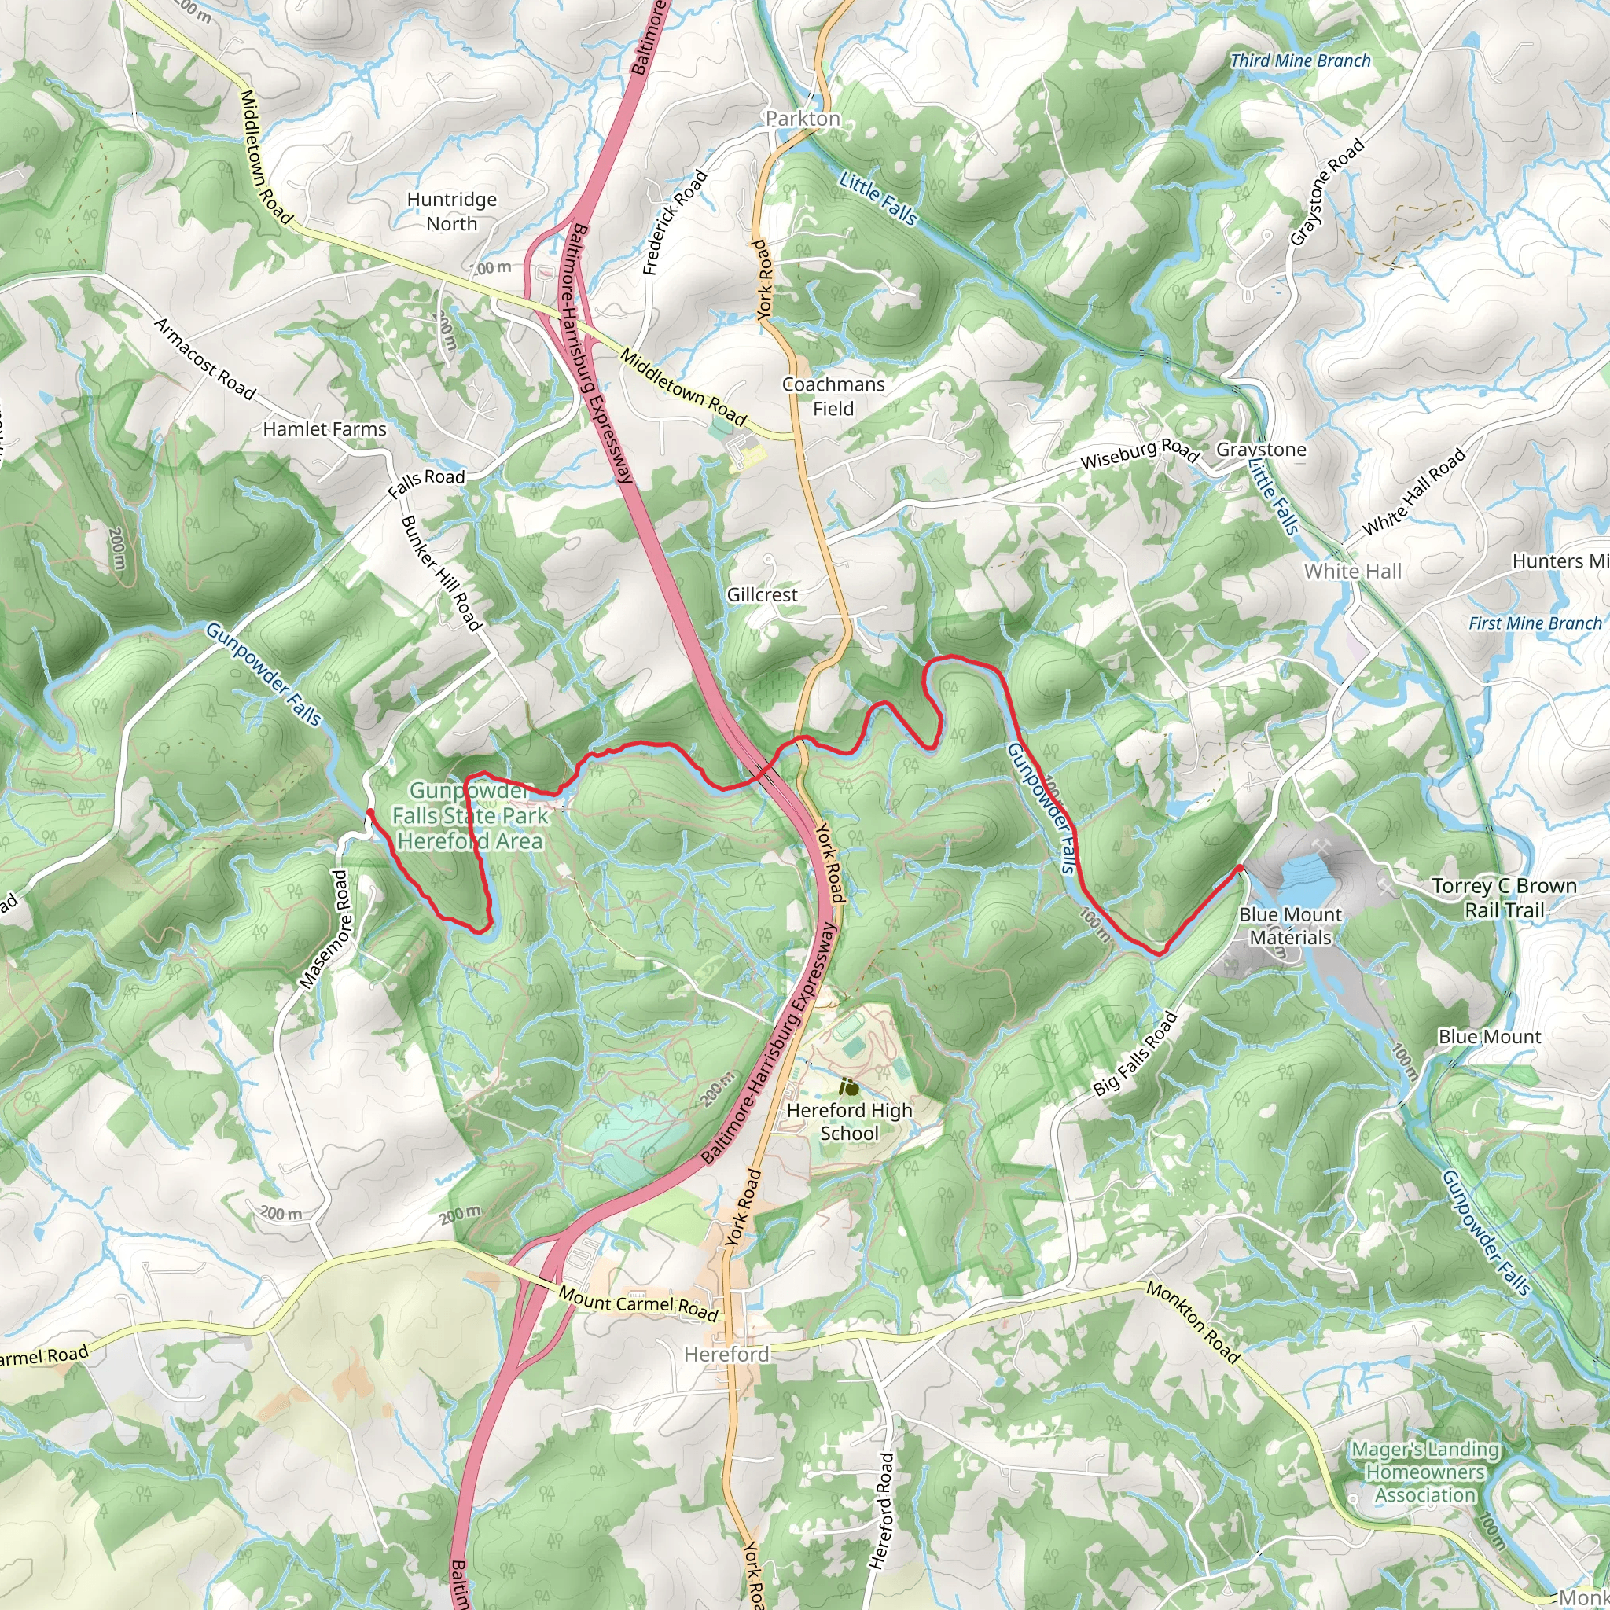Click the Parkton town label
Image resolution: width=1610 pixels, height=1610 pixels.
[x=803, y=119]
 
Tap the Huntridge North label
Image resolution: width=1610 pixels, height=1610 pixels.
[x=452, y=211]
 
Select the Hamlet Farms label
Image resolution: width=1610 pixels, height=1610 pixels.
[x=325, y=429]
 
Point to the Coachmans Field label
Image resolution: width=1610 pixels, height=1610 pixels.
[x=833, y=397]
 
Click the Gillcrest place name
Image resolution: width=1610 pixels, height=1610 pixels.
[x=762, y=595]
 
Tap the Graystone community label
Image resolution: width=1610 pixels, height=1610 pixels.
[x=1261, y=450]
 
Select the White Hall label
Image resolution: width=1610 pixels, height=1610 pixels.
[x=1352, y=572]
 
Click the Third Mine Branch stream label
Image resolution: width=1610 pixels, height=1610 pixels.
[x=1300, y=61]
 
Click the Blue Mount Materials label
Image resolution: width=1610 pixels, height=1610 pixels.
[x=1290, y=926]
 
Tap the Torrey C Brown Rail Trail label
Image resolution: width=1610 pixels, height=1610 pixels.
[x=1504, y=899]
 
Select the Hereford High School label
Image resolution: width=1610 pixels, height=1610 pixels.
[x=849, y=1122]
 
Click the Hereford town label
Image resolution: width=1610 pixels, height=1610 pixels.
[x=726, y=1355]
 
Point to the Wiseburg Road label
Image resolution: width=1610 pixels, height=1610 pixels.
[x=1139, y=454]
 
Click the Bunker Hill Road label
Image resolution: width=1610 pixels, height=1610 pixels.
[x=442, y=573]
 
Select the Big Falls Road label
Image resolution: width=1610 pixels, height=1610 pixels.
[x=1134, y=1053]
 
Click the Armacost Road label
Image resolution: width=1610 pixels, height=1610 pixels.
[x=205, y=358]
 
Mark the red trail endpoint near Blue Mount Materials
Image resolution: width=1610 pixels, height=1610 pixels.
[x=1239, y=869]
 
